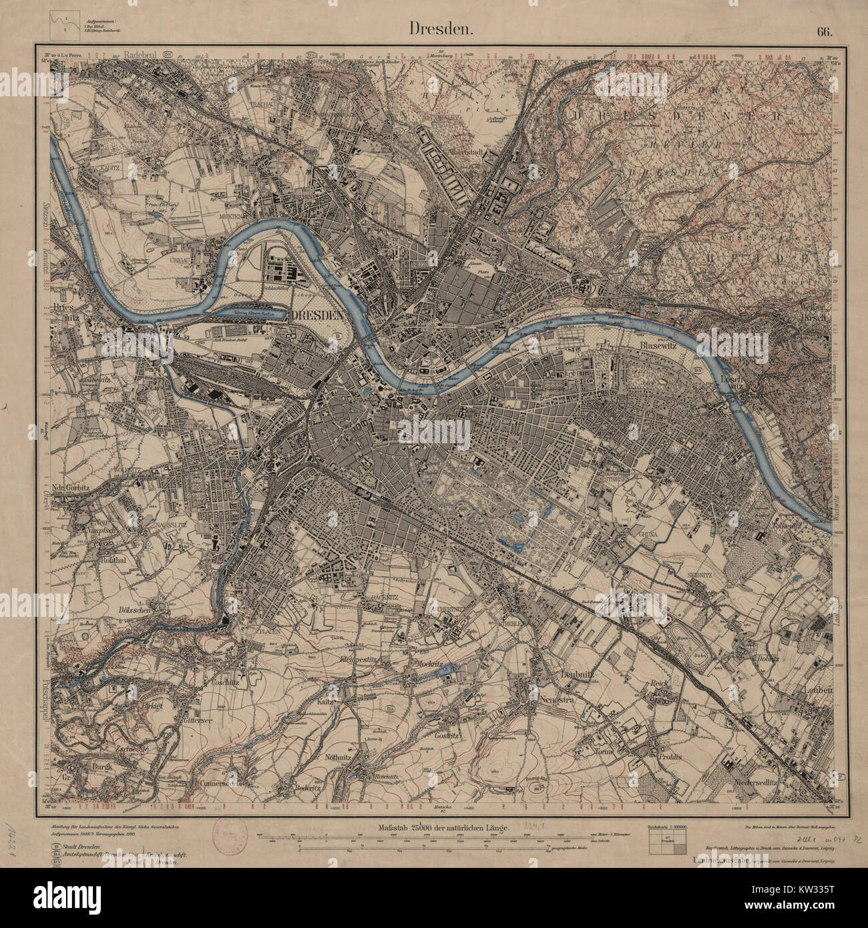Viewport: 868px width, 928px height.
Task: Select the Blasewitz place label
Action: (x=644, y=346)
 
